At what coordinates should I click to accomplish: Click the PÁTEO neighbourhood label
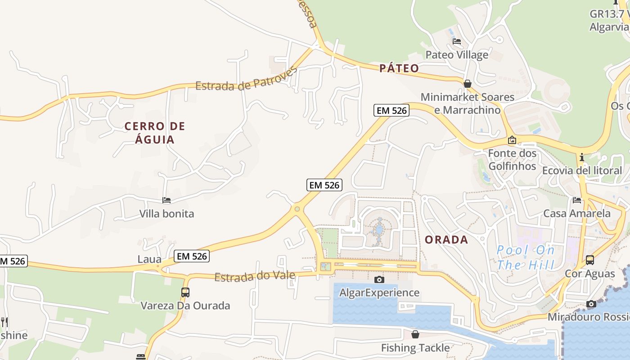pyautogui.click(x=399, y=68)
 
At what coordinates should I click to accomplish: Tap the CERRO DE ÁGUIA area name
pyautogui.click(x=155, y=133)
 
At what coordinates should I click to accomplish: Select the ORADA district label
pyautogui.click(x=446, y=240)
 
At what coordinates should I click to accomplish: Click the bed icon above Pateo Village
pyautogui.click(x=457, y=42)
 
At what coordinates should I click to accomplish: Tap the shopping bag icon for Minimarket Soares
pyautogui.click(x=468, y=84)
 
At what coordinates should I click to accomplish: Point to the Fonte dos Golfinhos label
pyautogui.click(x=512, y=160)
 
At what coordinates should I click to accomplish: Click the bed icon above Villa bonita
pyautogui.click(x=166, y=200)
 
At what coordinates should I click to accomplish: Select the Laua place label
pyautogui.click(x=149, y=259)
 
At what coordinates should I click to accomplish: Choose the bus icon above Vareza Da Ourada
pyautogui.click(x=185, y=292)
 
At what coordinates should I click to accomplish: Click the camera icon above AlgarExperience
pyautogui.click(x=379, y=279)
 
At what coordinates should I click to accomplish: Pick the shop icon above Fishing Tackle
pyautogui.click(x=415, y=334)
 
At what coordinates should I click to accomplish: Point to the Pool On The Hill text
pyautogui.click(x=526, y=258)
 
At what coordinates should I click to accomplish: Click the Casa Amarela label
pyautogui.click(x=576, y=213)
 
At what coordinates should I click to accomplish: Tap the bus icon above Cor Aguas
pyautogui.click(x=589, y=260)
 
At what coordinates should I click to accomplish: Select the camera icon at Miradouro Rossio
pyautogui.click(x=591, y=304)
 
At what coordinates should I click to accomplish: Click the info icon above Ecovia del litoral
pyautogui.click(x=582, y=157)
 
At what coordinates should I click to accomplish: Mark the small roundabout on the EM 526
pyautogui.click(x=297, y=209)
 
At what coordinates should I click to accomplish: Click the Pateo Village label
pyautogui.click(x=457, y=55)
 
